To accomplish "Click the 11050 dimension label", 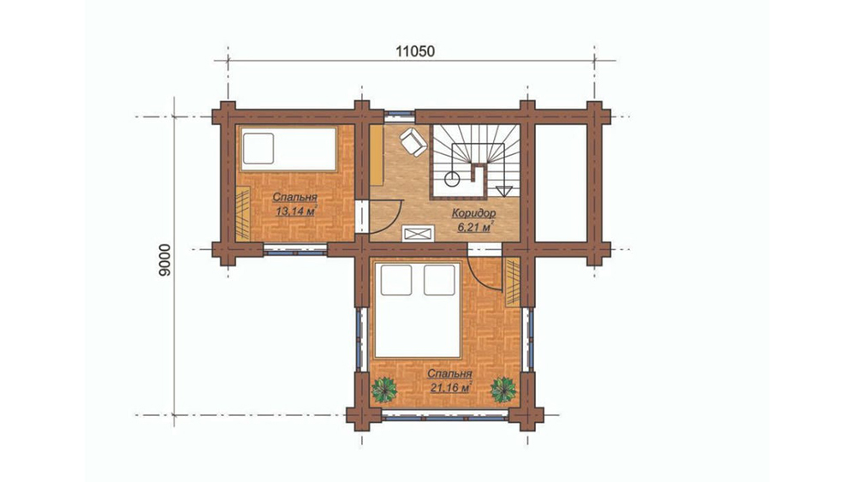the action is [415, 51].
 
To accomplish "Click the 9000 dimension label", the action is [165, 259].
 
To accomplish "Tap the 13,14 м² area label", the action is [295, 211].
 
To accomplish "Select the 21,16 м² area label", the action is [450, 388].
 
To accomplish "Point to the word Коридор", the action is [474, 213].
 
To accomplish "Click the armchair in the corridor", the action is [413, 141].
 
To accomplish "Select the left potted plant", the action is [384, 390].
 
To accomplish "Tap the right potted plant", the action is [502, 390].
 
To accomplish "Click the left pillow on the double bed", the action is [396, 280].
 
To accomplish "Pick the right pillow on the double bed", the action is [439, 280].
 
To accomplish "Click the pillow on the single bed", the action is [259, 148].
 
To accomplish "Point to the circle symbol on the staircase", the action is [452, 178].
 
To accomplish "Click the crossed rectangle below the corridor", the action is [419, 234].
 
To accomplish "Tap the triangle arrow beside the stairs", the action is [504, 191].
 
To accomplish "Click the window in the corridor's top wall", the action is [400, 116].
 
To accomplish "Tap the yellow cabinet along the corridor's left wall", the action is [377, 156].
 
